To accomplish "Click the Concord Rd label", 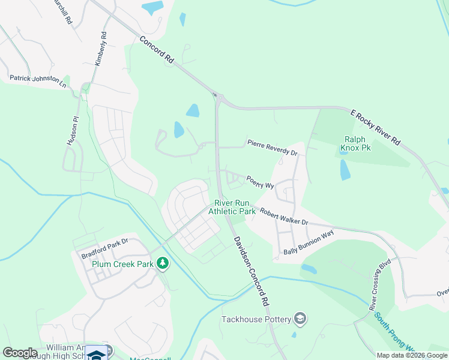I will (x=157, y=50).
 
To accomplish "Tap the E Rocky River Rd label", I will (x=376, y=127).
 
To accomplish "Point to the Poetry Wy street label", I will (x=260, y=182).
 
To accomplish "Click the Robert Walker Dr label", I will (x=283, y=216).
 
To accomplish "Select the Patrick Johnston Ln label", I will (x=37, y=79).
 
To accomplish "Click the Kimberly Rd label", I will (x=100, y=49).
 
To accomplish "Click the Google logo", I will (x=19, y=353).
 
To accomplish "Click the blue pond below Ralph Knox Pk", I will (x=345, y=170).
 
